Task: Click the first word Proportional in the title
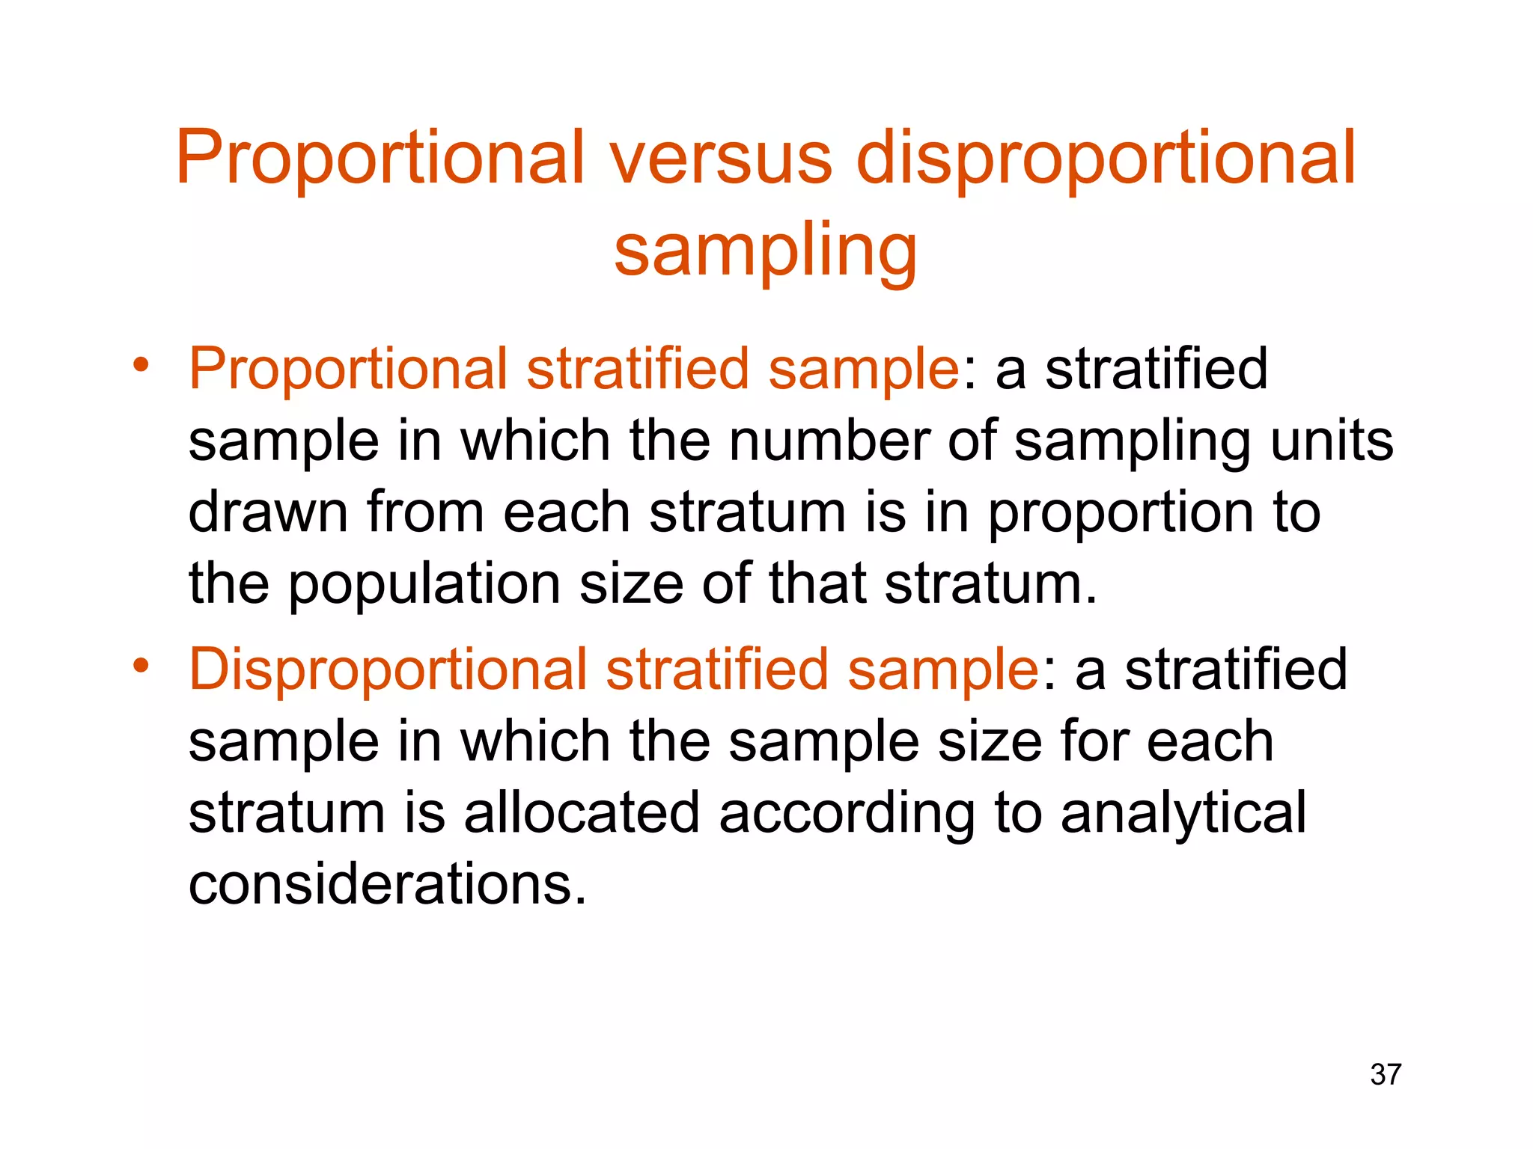pos(380,161)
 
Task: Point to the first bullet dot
pos(141,365)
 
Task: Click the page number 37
pos(1386,1074)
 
